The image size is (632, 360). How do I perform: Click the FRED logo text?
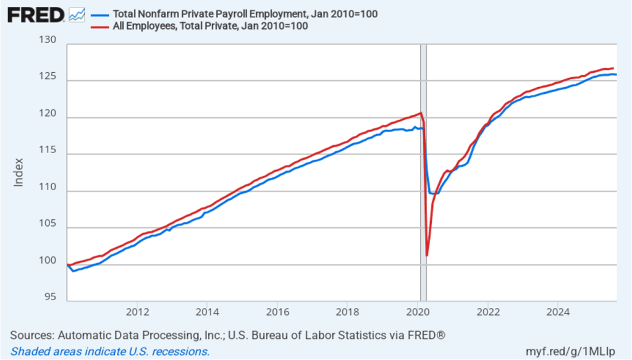(x=36, y=15)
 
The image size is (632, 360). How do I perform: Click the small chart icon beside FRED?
(x=77, y=15)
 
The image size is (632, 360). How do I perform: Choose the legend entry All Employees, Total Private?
(x=210, y=26)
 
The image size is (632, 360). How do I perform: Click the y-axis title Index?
(x=18, y=172)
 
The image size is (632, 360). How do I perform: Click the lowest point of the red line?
(x=427, y=255)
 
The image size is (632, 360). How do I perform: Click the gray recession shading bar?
(x=423, y=185)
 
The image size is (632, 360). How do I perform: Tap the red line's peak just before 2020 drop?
(x=421, y=113)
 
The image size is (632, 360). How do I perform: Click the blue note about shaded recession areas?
(x=110, y=351)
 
